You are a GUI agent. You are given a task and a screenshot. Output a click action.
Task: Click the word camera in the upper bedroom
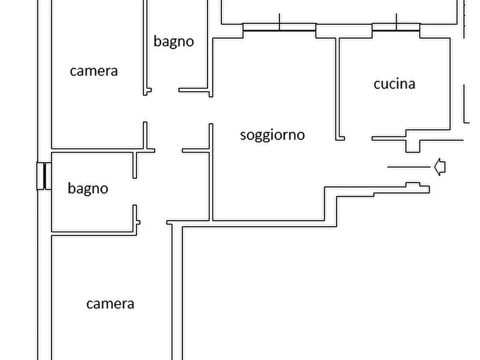point(94,71)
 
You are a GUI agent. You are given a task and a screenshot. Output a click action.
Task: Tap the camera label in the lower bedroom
point(110,304)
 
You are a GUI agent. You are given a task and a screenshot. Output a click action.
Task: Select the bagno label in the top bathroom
point(174,41)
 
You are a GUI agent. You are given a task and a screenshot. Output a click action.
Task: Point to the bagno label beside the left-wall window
point(88,189)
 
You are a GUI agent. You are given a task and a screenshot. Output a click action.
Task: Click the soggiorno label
point(272,135)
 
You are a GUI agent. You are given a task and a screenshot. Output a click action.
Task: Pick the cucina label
point(395,84)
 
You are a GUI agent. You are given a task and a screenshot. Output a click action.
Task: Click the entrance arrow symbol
point(440,167)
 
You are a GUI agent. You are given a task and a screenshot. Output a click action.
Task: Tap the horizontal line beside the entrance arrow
point(409,167)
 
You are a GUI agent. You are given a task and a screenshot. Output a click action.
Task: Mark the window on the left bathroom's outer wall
point(44,176)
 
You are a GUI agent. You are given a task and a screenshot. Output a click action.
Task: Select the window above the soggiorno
point(280,27)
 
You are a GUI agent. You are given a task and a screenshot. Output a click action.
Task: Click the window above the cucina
point(396,27)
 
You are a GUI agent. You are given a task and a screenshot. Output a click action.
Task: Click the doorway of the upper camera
point(145,109)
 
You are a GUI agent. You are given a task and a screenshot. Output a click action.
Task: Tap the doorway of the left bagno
point(135,192)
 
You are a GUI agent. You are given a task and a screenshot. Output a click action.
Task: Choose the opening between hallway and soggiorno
point(211,111)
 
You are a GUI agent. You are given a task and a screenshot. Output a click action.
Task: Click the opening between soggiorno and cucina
point(358,139)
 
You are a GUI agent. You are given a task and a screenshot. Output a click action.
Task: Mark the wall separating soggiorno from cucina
point(338,89)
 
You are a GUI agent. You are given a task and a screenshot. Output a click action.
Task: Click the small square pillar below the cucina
point(413,146)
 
